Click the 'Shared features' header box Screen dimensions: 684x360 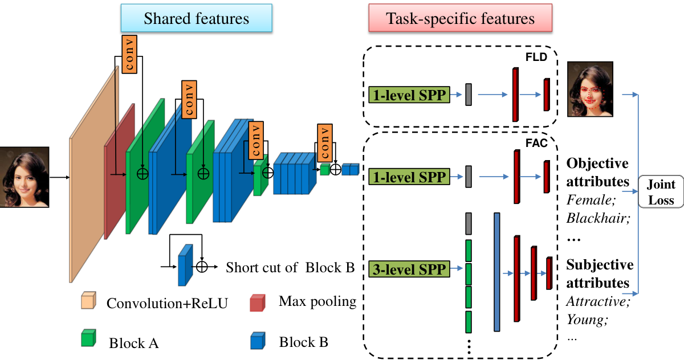pyautogui.click(x=196, y=18)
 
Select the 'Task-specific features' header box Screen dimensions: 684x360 pyautogui.click(x=460, y=18)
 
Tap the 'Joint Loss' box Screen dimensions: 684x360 pyautogui.click(x=661, y=191)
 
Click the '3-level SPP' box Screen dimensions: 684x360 pyautogui.click(x=409, y=269)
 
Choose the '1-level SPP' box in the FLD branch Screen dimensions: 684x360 pyautogui.click(x=409, y=95)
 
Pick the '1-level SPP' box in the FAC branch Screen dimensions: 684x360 pyautogui.click(x=409, y=177)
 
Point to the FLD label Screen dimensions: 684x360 pyautogui.click(x=536, y=57)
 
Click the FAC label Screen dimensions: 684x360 pyautogui.click(x=536, y=143)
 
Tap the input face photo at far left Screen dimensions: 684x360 pyautogui.click(x=25, y=177)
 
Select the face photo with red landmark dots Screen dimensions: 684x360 pyautogui.click(x=591, y=89)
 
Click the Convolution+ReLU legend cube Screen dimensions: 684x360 pyautogui.click(x=88, y=300)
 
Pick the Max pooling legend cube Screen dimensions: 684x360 pyautogui.click(x=258, y=302)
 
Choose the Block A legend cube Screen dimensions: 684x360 pyautogui.click(x=88, y=338)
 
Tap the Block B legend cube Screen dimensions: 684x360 pyautogui.click(x=258, y=341)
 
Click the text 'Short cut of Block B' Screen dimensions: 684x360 pyautogui.click(x=290, y=268)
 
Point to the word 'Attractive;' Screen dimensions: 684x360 pyautogui.click(x=598, y=301)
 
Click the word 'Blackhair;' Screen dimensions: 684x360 pyautogui.click(x=598, y=218)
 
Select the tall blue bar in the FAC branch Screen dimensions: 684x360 pyautogui.click(x=497, y=272)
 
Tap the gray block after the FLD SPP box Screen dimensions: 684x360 pyautogui.click(x=469, y=95)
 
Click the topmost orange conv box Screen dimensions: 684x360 pyautogui.click(x=129, y=54)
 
